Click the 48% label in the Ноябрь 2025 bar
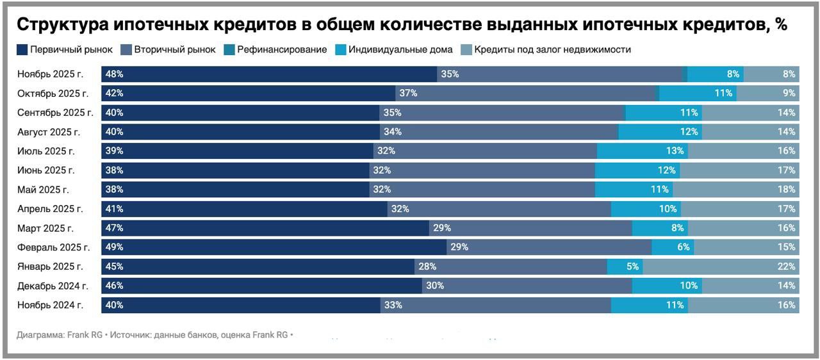(115, 74)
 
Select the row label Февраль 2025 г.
(54, 247)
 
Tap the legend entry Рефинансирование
(282, 49)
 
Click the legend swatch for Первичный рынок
(22, 49)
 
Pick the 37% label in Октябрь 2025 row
(408, 94)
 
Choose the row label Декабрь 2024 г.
(53, 286)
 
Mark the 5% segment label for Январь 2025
(633, 266)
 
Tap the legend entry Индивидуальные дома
(401, 49)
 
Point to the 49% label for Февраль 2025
(115, 247)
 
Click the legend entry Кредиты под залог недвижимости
(552, 49)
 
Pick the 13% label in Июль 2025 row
(675, 151)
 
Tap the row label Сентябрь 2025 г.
(56, 113)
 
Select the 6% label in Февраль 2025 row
(684, 247)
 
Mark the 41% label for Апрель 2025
(115, 209)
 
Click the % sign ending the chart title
(780, 25)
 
